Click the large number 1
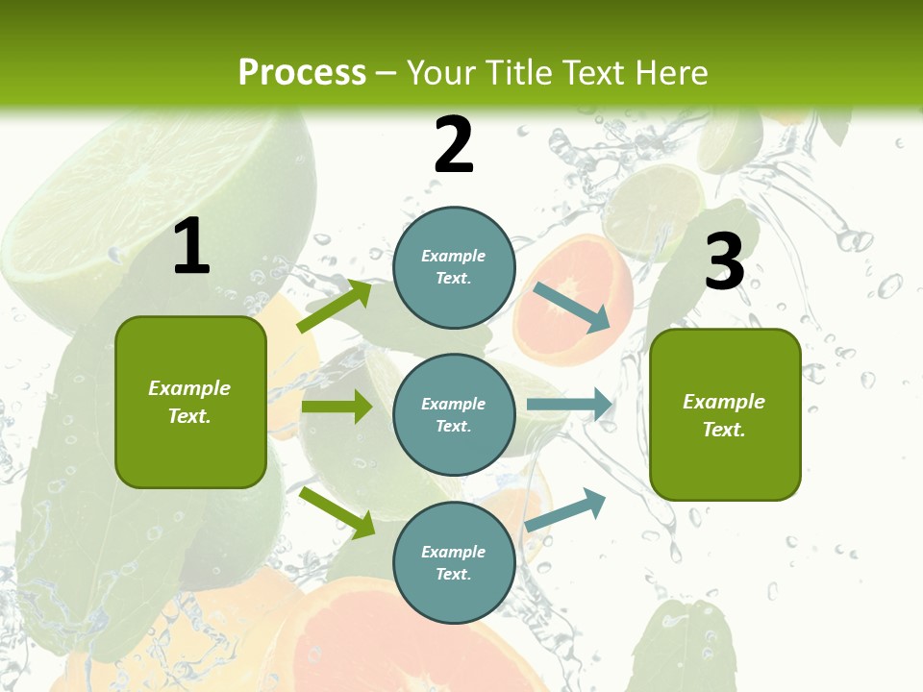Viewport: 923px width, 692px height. click(191, 246)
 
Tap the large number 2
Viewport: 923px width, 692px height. click(454, 145)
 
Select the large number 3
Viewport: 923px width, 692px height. click(724, 261)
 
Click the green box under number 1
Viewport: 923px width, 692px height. click(190, 402)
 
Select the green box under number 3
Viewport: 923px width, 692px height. click(725, 414)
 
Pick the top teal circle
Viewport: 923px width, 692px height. click(454, 266)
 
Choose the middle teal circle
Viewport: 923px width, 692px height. click(454, 414)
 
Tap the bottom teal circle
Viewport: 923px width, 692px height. click(454, 562)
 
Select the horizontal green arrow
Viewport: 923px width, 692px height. click(337, 407)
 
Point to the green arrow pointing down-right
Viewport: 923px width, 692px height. click(337, 512)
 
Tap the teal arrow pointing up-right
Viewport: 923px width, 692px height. click(565, 509)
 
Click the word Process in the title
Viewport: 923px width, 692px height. click(302, 72)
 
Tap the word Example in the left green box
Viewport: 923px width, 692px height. click(189, 388)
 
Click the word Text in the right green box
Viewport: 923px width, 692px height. click(724, 430)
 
